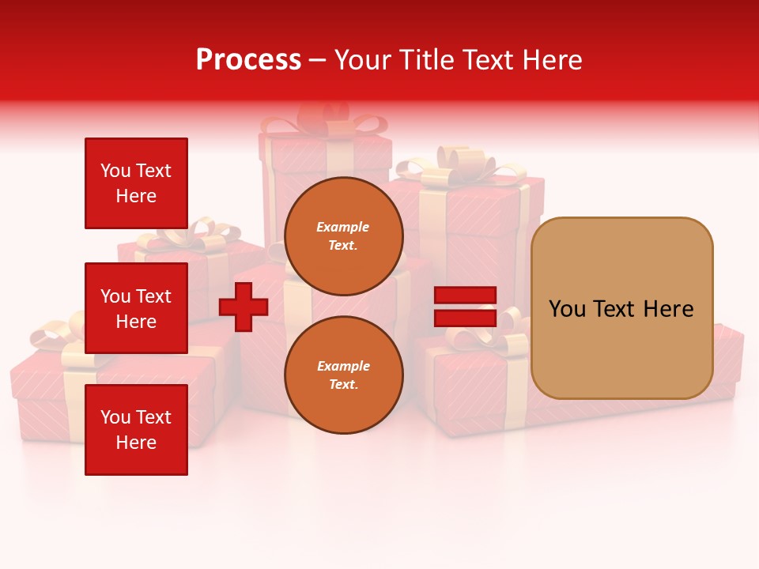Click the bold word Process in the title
click(x=248, y=60)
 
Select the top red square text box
click(x=136, y=183)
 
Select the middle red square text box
click(x=136, y=308)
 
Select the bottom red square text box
click(x=136, y=430)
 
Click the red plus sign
click(x=244, y=307)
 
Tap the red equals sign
click(x=465, y=307)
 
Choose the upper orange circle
click(x=344, y=236)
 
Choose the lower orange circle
click(x=344, y=375)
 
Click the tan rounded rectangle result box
click(x=621, y=308)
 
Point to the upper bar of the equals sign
click(x=465, y=296)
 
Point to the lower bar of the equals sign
click(x=465, y=318)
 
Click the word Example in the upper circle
click(x=342, y=227)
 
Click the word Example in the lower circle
click(x=342, y=366)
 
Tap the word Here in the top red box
click(x=136, y=196)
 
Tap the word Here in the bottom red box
click(x=136, y=443)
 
